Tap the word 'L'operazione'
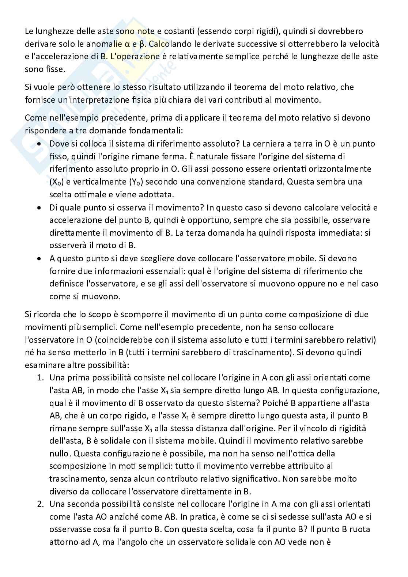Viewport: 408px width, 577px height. (x=139, y=56)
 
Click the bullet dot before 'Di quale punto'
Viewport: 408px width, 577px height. (x=39, y=208)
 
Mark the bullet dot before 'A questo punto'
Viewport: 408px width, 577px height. (x=39, y=259)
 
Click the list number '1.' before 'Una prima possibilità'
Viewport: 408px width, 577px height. (x=40, y=377)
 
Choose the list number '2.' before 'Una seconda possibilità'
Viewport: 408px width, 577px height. (x=40, y=504)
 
